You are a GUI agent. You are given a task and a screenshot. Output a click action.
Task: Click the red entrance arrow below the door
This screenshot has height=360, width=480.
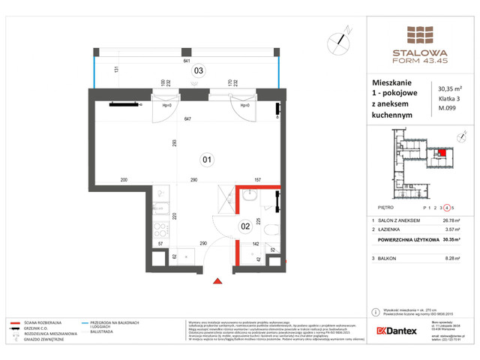218,280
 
